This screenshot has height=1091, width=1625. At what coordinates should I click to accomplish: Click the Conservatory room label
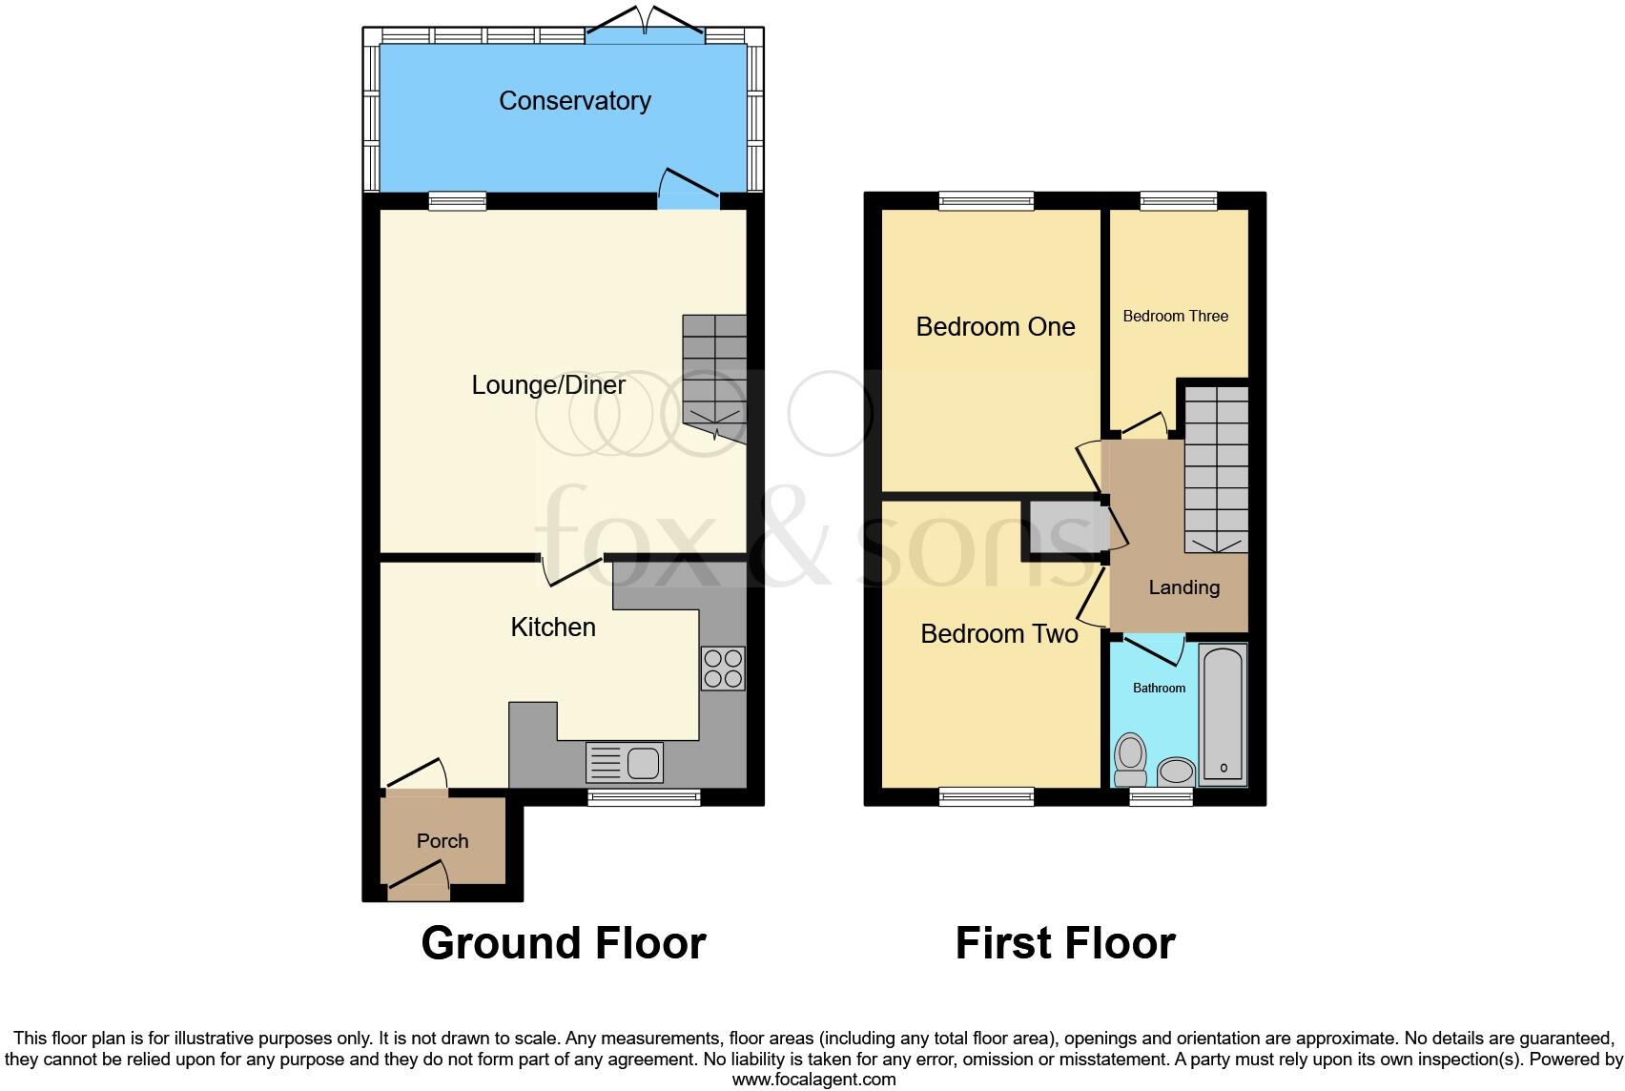pyautogui.click(x=574, y=101)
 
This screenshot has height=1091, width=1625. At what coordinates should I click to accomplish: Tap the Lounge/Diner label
pyautogui.click(x=548, y=385)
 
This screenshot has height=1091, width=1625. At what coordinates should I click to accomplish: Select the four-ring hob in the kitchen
pyautogui.click(x=722, y=668)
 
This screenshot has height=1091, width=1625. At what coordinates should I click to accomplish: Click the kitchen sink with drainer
pyautogui.click(x=626, y=762)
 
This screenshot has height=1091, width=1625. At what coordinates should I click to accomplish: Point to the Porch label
pyautogui.click(x=442, y=841)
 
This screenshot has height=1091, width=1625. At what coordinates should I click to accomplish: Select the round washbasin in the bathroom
pyautogui.click(x=1176, y=771)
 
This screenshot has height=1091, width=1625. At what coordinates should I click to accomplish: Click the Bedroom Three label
pyautogui.click(x=1175, y=317)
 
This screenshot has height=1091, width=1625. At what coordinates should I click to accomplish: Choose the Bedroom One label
pyautogui.click(x=995, y=327)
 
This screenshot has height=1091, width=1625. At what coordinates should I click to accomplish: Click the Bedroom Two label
pyautogui.click(x=998, y=634)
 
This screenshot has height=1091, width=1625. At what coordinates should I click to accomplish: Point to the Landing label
pyautogui.click(x=1183, y=587)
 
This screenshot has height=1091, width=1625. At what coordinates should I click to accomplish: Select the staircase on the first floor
pyautogui.click(x=1216, y=467)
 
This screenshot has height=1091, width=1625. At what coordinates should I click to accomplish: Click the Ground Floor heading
pyautogui.click(x=563, y=943)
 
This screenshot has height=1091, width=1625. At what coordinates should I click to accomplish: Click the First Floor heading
pyautogui.click(x=1064, y=943)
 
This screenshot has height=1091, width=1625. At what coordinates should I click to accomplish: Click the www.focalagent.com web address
pyautogui.click(x=813, y=1080)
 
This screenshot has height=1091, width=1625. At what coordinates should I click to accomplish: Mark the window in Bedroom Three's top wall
pyautogui.click(x=1179, y=201)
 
